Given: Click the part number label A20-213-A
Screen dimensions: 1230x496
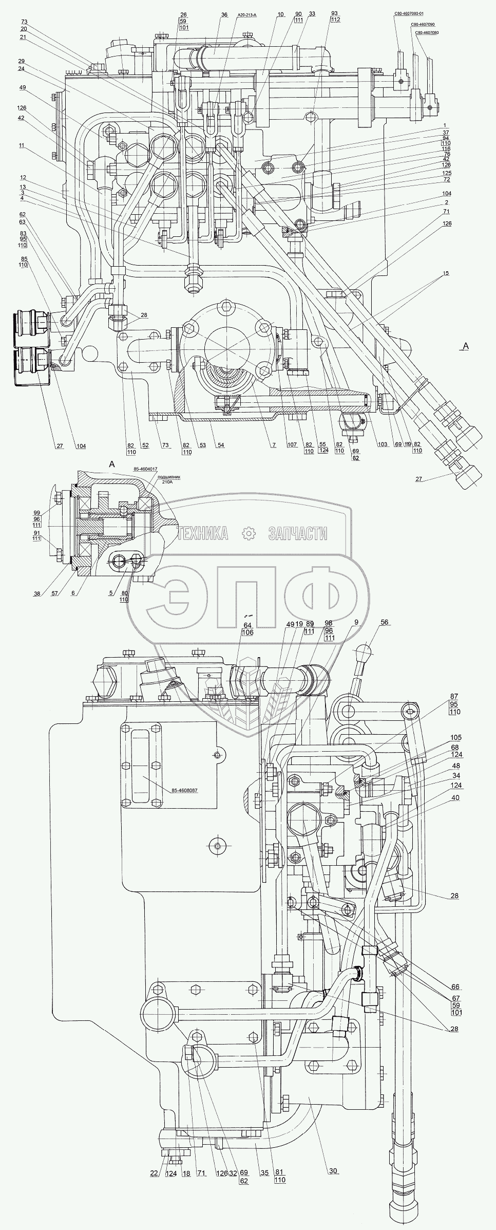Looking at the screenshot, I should coord(244,15).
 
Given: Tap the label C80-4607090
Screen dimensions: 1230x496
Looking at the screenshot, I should coord(422,24).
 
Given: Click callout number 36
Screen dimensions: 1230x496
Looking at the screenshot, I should coord(224,15).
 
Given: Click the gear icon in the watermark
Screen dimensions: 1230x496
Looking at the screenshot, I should coord(249,534).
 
